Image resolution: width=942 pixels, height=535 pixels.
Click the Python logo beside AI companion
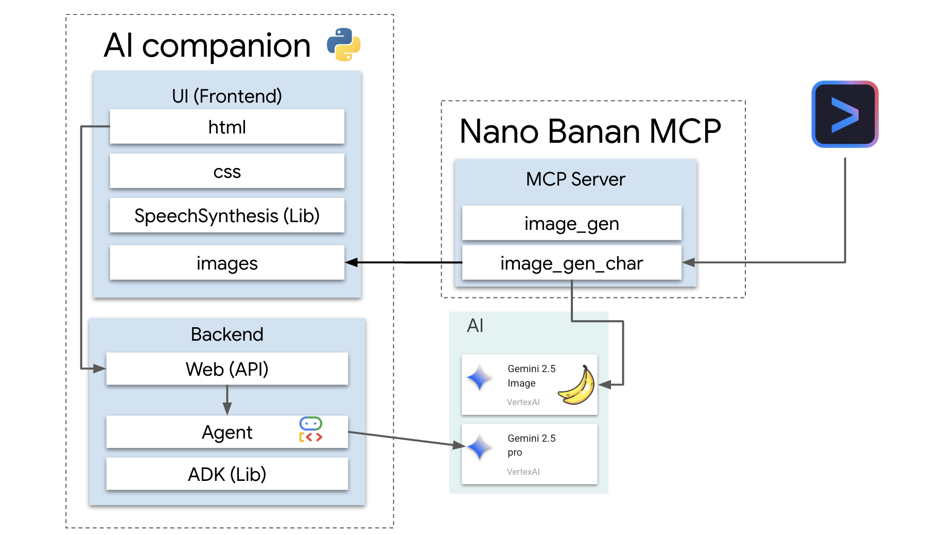pyautogui.click(x=343, y=44)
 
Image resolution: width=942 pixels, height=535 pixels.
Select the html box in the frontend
pyautogui.click(x=227, y=127)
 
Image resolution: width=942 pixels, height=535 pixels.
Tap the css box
pyautogui.click(x=227, y=171)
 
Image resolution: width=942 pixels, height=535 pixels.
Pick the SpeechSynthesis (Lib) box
pyautogui.click(x=227, y=215)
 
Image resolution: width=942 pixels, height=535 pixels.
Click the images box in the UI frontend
pyautogui.click(x=227, y=263)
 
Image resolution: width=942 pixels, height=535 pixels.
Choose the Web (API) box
pyautogui.click(x=227, y=369)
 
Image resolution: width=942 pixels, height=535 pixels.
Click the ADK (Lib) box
pyautogui.click(x=227, y=474)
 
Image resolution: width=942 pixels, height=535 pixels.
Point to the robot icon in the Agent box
pyautogui.click(x=310, y=429)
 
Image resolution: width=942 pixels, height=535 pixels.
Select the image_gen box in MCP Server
pyautogui.click(x=571, y=223)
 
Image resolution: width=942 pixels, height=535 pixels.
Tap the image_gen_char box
pyautogui.click(x=571, y=263)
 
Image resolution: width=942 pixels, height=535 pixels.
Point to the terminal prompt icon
pyautogui.click(x=845, y=114)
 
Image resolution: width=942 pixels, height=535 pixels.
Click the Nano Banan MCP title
pyautogui.click(x=590, y=131)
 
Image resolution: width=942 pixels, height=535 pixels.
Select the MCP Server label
pyautogui.click(x=575, y=179)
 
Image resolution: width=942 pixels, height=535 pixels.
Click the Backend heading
pyautogui.click(x=227, y=334)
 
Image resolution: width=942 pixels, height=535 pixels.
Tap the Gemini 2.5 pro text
pyautogui.click(x=531, y=445)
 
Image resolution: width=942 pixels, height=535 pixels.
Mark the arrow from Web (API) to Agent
pyautogui.click(x=227, y=400)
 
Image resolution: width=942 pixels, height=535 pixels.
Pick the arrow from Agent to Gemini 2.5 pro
pyautogui.click(x=407, y=439)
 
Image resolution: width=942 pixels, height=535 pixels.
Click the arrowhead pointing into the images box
pyautogui.click(x=352, y=263)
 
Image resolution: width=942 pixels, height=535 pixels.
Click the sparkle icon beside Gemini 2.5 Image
pyautogui.click(x=480, y=378)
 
